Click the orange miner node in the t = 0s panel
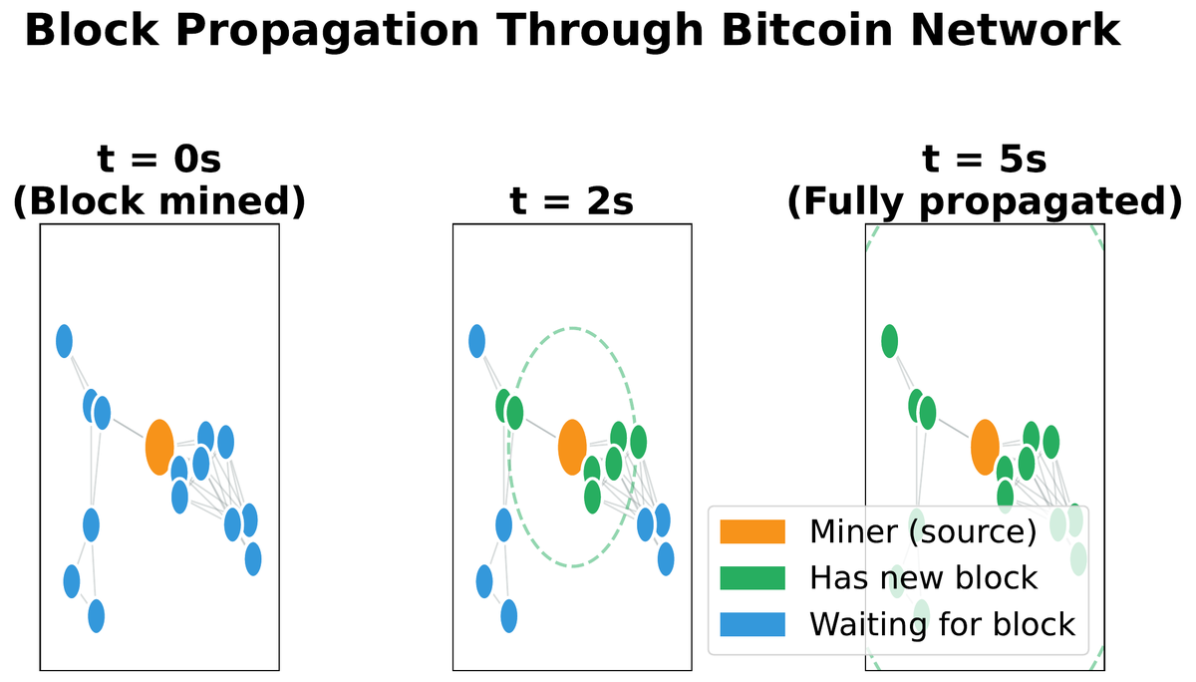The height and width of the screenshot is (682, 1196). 159,448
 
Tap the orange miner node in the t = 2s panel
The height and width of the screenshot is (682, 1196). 572,448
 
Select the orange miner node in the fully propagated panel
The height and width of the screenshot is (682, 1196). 985,448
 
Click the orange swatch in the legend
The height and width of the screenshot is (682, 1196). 751,531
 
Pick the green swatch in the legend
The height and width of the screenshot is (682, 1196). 751,578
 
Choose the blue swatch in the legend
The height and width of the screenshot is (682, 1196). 751,625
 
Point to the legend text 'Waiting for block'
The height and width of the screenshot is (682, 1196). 942,625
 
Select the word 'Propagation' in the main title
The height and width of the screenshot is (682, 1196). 328,31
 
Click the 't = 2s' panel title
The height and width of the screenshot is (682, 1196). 572,201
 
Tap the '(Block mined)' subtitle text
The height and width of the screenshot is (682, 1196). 158,201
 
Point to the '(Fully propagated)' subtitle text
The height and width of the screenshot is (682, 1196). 985,201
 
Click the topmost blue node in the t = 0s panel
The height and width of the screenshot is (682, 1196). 65,342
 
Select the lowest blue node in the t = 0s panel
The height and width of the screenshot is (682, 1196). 97,615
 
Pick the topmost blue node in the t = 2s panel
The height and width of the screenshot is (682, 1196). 477,342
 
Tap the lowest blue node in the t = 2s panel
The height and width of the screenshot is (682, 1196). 509,615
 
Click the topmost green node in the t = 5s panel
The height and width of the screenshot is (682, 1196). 890,342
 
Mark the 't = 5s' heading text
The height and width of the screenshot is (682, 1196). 985,161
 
